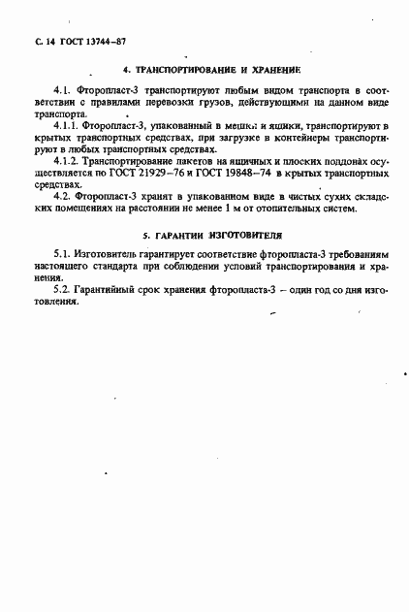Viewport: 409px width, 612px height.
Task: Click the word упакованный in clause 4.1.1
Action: [164, 127]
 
